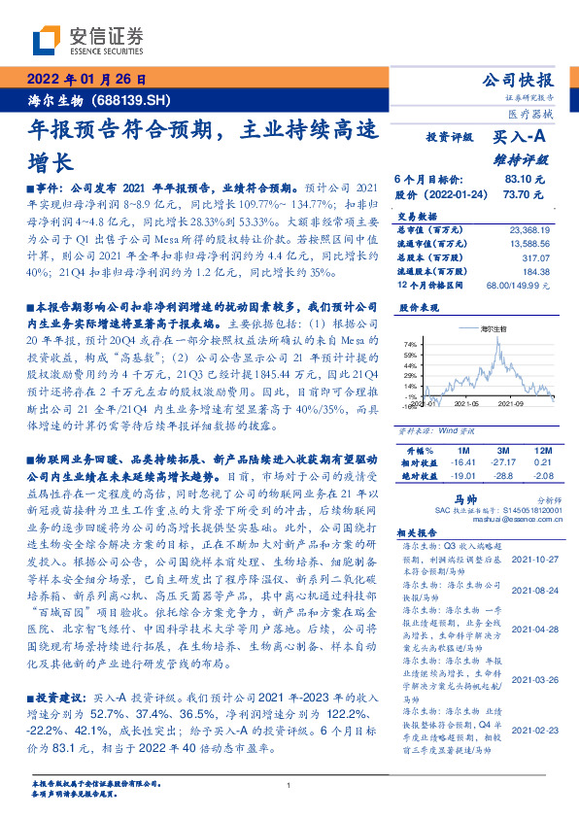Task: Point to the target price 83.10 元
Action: click(526, 180)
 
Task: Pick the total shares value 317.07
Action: click(533, 259)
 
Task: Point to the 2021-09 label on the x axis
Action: click(508, 404)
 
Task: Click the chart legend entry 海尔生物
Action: click(483, 331)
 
